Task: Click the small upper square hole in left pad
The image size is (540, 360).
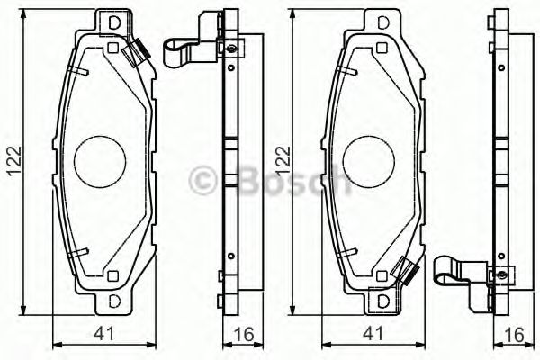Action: pyautogui.click(x=112, y=48)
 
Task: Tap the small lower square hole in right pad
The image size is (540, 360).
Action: pyautogui.click(x=382, y=275)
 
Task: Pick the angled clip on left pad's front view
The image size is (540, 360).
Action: pyautogui.click(x=138, y=54)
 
